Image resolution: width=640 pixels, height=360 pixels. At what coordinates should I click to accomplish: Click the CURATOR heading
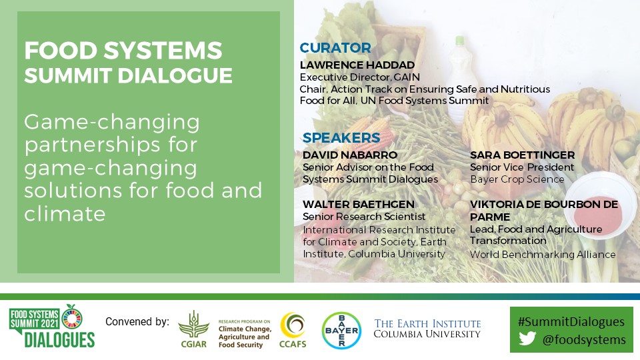[x=335, y=48]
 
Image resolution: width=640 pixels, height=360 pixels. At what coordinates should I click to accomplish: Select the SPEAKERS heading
[x=341, y=138]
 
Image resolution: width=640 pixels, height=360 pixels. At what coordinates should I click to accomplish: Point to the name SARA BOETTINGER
[x=522, y=155]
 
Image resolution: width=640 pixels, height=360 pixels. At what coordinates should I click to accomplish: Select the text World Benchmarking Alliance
[x=543, y=255]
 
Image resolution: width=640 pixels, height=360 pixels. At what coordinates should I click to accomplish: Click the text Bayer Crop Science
[x=517, y=179]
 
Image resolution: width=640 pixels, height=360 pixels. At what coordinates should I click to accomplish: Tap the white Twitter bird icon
[x=527, y=339]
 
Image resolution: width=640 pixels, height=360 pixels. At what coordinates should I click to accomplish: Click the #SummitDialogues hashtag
[x=572, y=321]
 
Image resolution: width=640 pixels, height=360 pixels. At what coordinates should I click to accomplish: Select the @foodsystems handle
[x=583, y=340]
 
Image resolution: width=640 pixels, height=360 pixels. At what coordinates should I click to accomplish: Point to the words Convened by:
[x=137, y=322]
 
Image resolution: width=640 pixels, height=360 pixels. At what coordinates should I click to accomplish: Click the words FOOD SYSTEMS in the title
[x=123, y=51]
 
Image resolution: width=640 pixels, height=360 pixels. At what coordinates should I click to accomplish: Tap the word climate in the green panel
[x=65, y=214]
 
